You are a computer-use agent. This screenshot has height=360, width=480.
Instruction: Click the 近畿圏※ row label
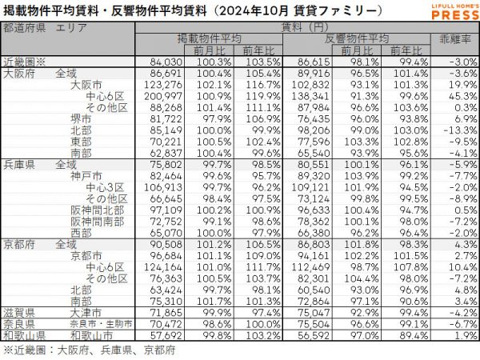tap(26, 60)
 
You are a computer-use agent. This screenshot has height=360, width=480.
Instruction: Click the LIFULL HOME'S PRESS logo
tap(442, 12)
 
